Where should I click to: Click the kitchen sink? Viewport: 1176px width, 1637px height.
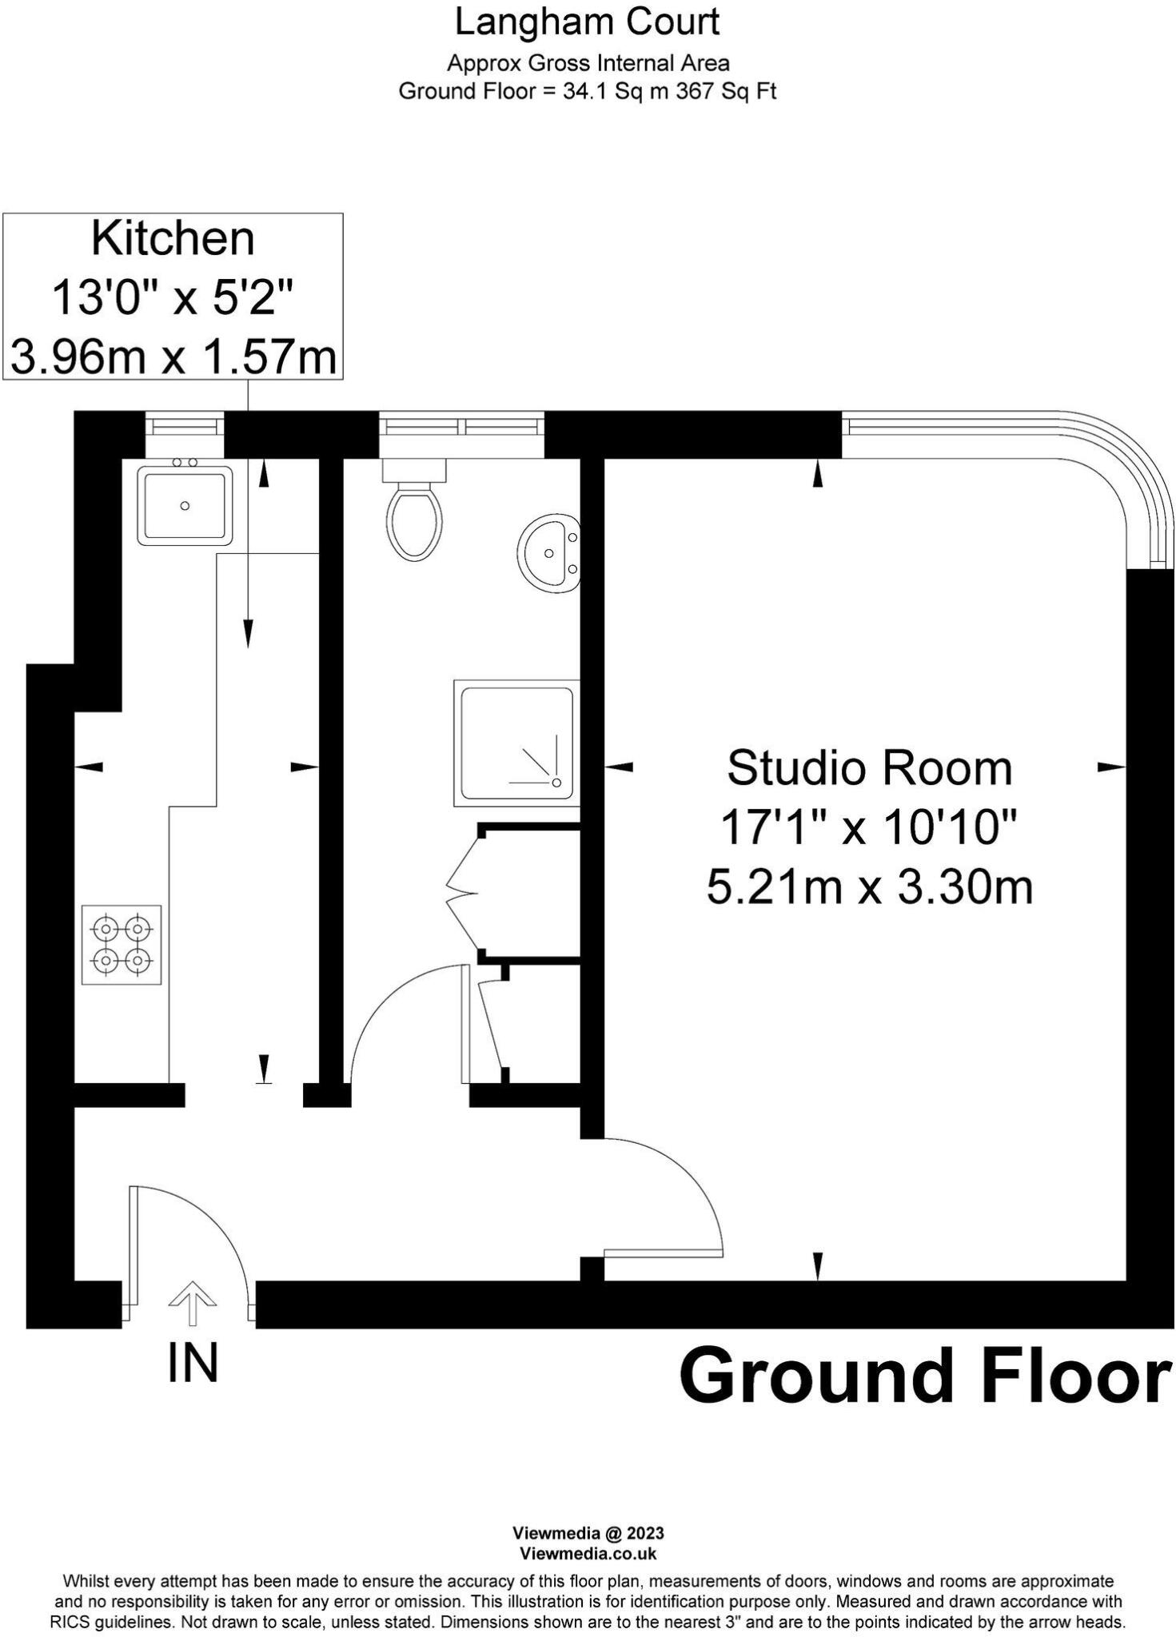185,505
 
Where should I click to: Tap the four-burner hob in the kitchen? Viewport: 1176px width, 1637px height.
122,944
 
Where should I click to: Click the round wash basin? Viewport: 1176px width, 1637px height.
549,552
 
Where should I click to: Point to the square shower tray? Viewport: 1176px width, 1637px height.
516,743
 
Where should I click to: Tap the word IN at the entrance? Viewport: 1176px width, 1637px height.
193,1363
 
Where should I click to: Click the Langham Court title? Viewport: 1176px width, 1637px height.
588,22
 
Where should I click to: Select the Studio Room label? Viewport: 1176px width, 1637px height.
869,768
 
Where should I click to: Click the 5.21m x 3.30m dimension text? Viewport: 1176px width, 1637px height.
869,887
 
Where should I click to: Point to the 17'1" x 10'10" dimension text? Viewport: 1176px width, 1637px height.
869,827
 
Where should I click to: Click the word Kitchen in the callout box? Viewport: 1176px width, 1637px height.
173,238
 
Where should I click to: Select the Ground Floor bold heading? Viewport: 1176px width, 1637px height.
925,1376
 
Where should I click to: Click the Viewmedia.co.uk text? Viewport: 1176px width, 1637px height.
588,1553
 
